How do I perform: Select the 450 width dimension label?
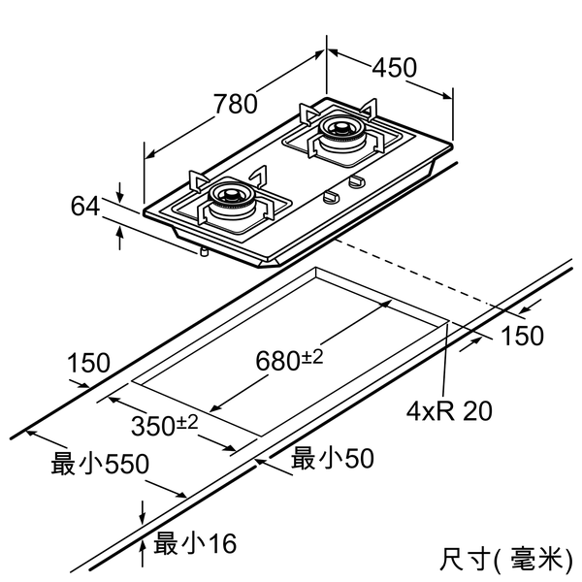point(394,67)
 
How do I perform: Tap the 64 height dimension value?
point(85,206)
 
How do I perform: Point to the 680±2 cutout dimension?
point(289,360)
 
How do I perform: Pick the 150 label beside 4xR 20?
point(522,336)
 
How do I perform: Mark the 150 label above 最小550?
point(88,364)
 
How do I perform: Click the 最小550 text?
point(100,465)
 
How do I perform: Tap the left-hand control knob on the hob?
point(331,197)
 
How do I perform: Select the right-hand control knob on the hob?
point(356,181)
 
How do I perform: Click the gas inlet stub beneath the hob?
point(204,250)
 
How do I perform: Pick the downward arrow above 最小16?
point(143,509)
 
